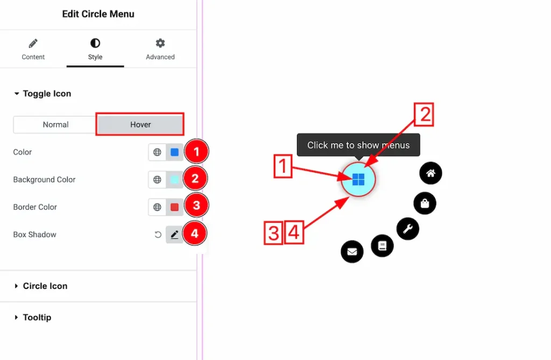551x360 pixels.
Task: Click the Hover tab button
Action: click(140, 124)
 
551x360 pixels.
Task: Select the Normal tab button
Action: click(55, 124)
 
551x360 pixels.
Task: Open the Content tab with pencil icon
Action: click(33, 49)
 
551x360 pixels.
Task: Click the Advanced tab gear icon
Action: click(160, 44)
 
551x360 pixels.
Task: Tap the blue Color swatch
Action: click(174, 152)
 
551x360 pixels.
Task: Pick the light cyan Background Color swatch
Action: click(174, 180)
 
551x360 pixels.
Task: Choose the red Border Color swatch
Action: click(174, 207)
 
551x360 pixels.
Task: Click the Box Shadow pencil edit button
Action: click(174, 235)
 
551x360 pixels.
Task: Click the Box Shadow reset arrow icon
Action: click(158, 235)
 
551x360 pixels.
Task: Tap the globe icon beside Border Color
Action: click(157, 207)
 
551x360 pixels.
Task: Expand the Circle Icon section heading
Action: click(45, 286)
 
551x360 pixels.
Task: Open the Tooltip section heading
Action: click(37, 317)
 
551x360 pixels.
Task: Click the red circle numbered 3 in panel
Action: click(196, 206)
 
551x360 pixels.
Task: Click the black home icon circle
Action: click(430, 173)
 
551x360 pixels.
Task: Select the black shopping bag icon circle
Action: click(425, 203)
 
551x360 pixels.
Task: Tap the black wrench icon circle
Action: click(407, 229)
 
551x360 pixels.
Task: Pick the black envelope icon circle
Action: click(352, 251)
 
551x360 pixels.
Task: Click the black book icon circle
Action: click(382, 246)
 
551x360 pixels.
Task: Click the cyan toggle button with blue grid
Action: click(358, 179)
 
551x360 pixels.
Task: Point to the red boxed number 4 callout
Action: click(294, 233)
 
